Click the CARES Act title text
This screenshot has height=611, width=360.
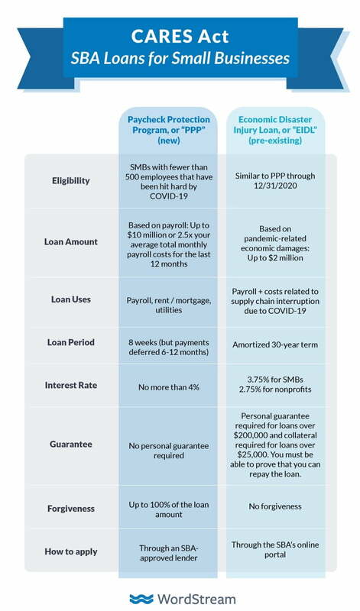pos(180,36)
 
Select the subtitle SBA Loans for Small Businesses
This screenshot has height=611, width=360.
pos(180,58)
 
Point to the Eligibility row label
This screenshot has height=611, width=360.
pos(71,181)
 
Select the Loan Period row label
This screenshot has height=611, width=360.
pos(71,342)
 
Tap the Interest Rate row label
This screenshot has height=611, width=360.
pos(71,386)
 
